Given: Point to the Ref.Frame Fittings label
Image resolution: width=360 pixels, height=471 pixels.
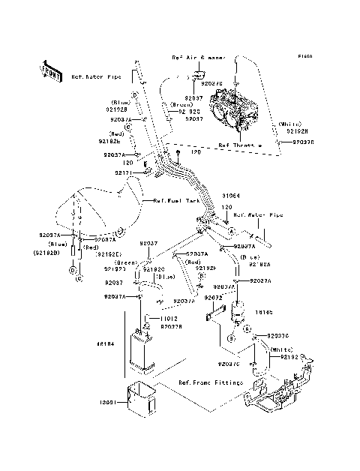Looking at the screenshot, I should pyautogui.click(x=211, y=382).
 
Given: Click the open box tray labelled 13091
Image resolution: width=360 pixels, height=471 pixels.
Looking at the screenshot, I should pyautogui.click(x=142, y=397).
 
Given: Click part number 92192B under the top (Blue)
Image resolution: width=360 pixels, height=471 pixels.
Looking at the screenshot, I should pyautogui.click(x=120, y=109).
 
